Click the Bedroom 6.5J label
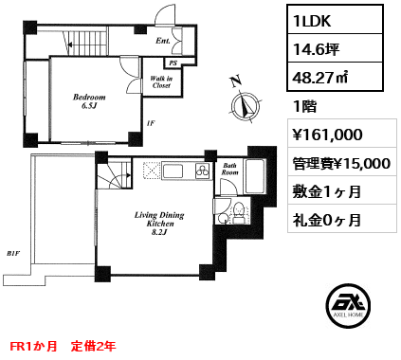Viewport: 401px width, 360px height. (89, 101)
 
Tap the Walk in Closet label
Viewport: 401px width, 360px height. (161, 81)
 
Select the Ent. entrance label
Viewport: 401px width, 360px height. (163, 41)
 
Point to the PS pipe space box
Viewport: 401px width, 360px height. (173, 63)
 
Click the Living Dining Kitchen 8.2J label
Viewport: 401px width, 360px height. (159, 224)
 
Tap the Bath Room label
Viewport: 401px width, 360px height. (229, 169)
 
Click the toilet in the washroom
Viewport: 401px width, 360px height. (238, 214)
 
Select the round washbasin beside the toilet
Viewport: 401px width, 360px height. (223, 218)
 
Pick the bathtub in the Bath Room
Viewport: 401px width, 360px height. (255, 176)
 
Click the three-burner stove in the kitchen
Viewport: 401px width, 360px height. (203, 171)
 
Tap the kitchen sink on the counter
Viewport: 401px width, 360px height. (173, 171)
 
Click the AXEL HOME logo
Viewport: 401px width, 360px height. (348, 305)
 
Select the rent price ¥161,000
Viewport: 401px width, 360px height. (328, 135)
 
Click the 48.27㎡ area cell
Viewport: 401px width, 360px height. (319, 77)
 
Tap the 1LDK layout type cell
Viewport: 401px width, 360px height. (312, 21)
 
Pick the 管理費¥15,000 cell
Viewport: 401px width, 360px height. (341, 163)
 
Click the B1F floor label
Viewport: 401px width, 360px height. (13, 253)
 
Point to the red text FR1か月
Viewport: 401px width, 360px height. (33, 346)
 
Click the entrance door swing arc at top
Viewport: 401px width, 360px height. (165, 13)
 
